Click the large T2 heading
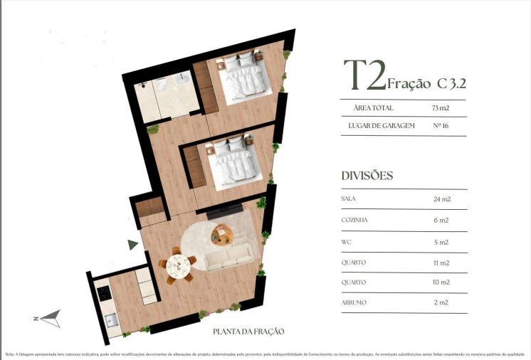point(364,75)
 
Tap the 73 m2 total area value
point(441,108)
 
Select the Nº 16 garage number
point(441,127)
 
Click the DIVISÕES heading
point(367,176)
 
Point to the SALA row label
point(349,199)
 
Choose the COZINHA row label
point(354,221)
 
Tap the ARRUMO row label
point(354,303)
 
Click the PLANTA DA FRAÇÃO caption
point(248,332)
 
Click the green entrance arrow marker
point(132,245)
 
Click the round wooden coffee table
point(222,233)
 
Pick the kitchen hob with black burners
point(104,294)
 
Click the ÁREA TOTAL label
point(373,108)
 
